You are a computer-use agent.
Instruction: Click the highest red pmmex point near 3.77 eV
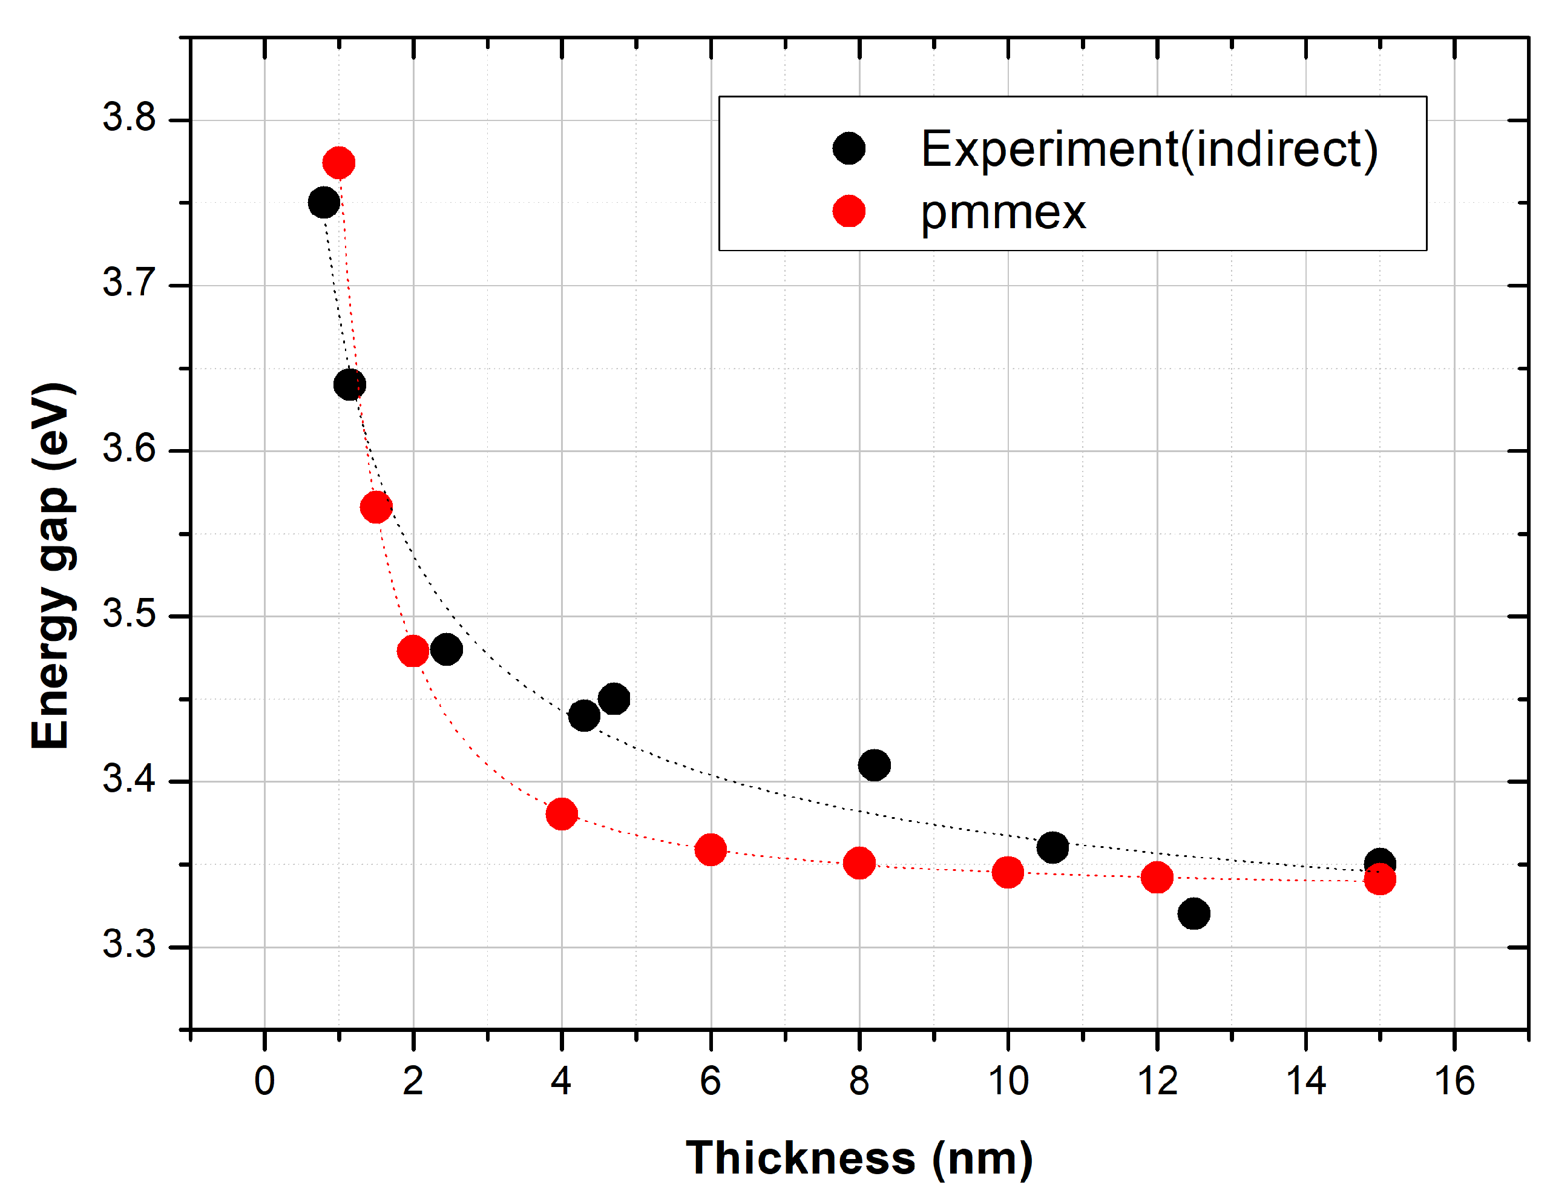pos(338,163)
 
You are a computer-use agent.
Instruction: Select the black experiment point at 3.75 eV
pos(324,203)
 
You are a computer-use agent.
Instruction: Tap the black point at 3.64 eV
pos(349,385)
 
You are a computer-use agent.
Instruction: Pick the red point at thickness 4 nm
pos(562,813)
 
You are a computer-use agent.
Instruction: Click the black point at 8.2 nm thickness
pos(874,765)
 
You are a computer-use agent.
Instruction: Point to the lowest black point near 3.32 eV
pos(1193,913)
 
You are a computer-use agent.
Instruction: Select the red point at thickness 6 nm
pos(711,849)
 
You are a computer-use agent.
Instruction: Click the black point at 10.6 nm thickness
pos(1052,847)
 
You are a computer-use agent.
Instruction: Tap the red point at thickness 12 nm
pos(1157,878)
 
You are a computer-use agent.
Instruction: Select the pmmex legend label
pos(1003,212)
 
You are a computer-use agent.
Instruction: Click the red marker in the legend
pos(849,211)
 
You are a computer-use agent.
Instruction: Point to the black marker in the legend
pos(849,149)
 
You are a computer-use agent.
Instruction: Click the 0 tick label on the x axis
pos(264,1081)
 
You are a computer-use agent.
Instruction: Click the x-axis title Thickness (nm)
pos(859,1158)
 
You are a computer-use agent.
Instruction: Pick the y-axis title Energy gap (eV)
pos(51,565)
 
